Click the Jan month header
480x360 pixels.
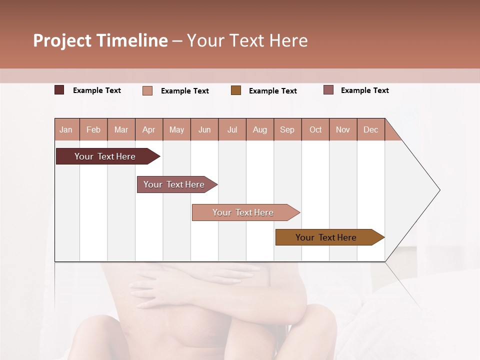point(66,129)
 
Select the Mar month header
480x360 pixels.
point(121,129)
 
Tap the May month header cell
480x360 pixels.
point(176,129)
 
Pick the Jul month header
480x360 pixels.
point(232,129)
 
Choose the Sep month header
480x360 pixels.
point(287,129)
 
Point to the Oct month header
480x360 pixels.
point(315,129)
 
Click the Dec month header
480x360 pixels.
point(370,129)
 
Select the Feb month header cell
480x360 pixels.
point(93,129)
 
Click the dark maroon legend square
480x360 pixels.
point(59,90)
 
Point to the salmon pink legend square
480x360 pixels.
point(147,90)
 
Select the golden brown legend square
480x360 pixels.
point(236,90)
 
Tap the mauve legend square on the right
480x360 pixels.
point(328,90)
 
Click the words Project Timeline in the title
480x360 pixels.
point(100,40)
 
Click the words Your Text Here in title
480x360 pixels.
point(247,40)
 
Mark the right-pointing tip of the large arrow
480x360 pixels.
point(439,190)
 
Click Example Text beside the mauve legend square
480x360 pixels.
point(364,90)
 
